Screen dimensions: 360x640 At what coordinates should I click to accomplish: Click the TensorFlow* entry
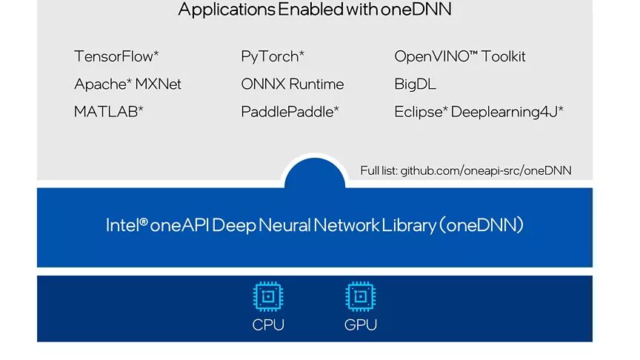pos(116,56)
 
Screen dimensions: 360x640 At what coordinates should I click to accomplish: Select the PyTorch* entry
pos(273,56)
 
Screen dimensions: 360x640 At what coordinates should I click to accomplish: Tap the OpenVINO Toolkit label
pos(460,56)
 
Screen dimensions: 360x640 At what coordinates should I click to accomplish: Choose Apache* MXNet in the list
pos(127,84)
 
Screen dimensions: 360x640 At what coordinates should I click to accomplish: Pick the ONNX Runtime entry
pos(293,84)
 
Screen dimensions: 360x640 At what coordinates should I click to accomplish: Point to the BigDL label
pos(415,84)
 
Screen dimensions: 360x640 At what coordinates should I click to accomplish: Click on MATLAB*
pos(109,112)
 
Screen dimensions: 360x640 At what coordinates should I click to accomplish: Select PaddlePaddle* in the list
pos(290,112)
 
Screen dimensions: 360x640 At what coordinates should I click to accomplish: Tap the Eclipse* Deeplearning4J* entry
pos(479,112)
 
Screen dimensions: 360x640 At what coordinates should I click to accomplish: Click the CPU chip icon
pos(268,297)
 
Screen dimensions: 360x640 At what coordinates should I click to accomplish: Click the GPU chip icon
pos(361,297)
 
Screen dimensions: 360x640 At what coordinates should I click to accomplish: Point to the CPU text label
pos(268,325)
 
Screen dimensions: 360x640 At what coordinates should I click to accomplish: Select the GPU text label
pos(361,325)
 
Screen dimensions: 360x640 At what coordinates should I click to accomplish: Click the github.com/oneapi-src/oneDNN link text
pos(486,171)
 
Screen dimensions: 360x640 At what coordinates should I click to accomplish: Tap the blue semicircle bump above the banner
pos(315,174)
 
